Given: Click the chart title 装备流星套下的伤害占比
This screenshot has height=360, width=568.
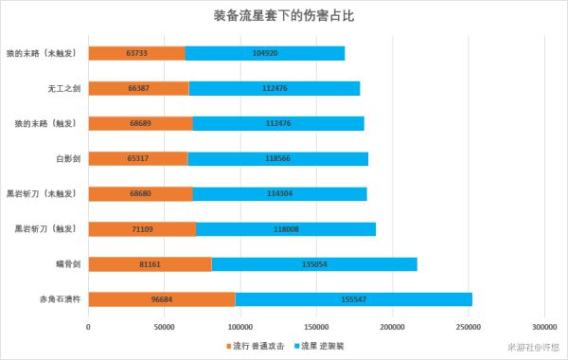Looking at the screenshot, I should click(x=284, y=17).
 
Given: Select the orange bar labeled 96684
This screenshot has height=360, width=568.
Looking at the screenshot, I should click(x=161, y=299).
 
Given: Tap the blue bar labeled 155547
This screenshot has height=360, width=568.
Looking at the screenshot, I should click(x=353, y=299).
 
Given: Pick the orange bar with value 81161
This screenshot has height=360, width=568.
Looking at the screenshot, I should click(x=150, y=264).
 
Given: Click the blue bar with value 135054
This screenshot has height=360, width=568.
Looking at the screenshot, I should click(x=314, y=264).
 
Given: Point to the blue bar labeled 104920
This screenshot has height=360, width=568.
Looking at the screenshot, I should click(x=265, y=53).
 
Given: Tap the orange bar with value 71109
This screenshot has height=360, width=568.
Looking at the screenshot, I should click(x=142, y=228).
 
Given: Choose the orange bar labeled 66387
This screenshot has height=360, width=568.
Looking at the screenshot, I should click(x=139, y=88).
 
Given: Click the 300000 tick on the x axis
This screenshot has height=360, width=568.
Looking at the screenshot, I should click(x=544, y=327).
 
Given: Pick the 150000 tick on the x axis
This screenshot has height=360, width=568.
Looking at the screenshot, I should click(x=316, y=327).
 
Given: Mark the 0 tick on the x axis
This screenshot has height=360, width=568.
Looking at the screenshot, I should click(x=88, y=327).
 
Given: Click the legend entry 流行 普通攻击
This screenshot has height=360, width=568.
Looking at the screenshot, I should click(x=257, y=346).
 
